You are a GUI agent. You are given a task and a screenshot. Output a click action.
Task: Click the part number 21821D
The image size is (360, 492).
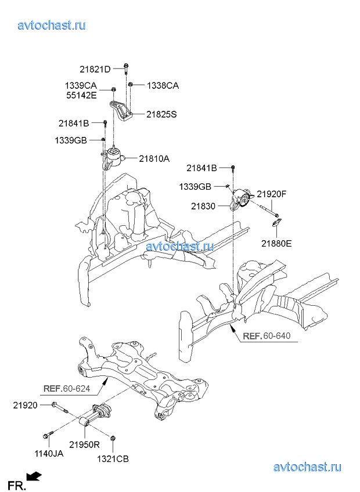(95, 70)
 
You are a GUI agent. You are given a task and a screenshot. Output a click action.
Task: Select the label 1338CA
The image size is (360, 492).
(163, 86)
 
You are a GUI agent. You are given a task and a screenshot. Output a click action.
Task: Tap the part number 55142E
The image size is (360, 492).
(81, 95)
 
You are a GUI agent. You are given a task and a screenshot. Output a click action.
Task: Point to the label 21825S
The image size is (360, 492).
(161, 114)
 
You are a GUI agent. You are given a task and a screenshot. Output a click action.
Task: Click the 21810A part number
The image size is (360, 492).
(154, 159)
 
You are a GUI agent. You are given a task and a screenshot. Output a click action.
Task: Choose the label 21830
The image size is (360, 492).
(203, 207)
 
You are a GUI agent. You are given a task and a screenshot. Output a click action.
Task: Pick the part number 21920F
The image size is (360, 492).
(272, 194)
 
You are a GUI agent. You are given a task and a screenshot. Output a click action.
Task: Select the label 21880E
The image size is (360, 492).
(276, 243)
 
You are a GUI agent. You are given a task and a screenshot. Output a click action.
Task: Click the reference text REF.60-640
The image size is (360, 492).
(267, 336)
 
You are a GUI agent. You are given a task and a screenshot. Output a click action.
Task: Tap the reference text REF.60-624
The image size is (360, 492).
(67, 389)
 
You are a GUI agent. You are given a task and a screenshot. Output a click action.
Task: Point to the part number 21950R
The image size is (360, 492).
(85, 445)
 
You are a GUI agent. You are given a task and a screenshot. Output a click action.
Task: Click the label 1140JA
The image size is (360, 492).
(49, 453)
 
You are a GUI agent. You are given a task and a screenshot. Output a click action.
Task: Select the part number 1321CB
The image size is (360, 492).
(113, 460)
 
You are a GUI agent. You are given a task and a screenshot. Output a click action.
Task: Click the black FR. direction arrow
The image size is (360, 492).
(34, 477)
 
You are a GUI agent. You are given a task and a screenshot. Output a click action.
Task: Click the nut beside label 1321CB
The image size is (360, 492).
(112, 437)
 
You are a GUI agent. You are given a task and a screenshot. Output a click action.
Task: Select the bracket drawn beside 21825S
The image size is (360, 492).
(121, 111)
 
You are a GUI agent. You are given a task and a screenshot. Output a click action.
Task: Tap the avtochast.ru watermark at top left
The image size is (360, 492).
(52, 25)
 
